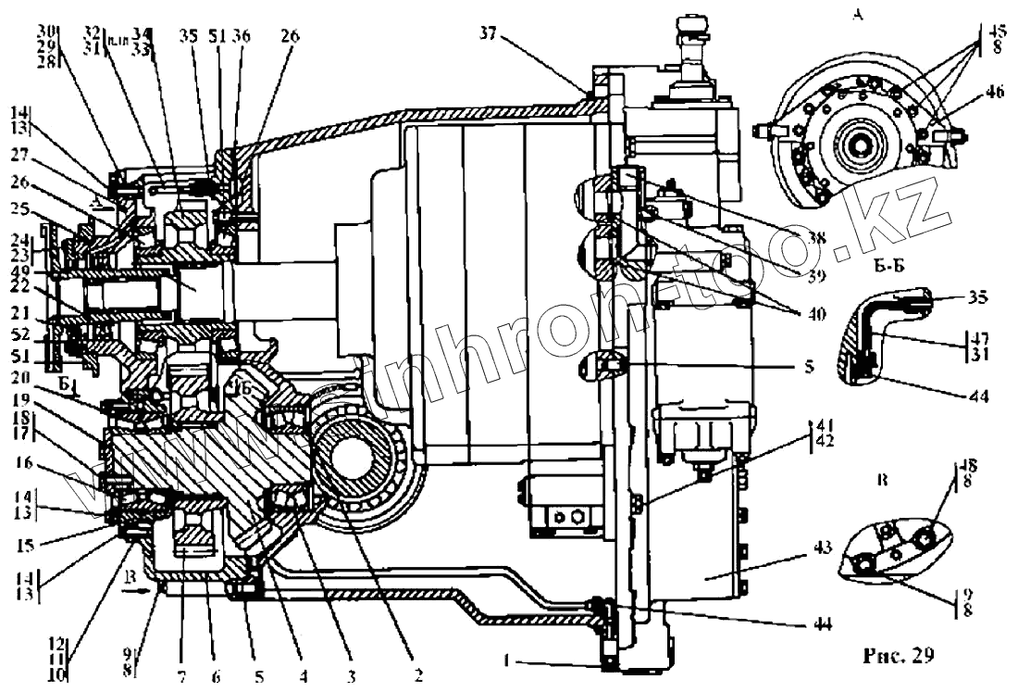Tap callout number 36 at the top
click(241, 37)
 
